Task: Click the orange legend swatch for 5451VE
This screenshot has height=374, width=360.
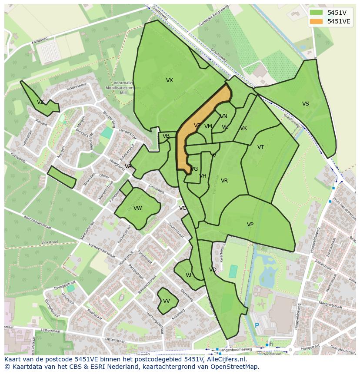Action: coord(317,21)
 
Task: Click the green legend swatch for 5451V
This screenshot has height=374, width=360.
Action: coord(317,13)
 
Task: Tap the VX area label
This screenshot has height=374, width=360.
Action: coord(170,80)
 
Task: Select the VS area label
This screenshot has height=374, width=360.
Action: coord(306,104)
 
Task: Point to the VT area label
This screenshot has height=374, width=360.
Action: coord(260,147)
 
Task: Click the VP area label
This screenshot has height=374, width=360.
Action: coord(250,225)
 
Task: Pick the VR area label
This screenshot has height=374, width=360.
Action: coord(224,181)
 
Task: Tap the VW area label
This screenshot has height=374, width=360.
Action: coord(138,208)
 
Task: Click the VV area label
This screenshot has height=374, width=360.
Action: coord(167,301)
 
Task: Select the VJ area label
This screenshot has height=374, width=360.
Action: coord(188,275)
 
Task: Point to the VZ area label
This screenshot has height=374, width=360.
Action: coord(40,102)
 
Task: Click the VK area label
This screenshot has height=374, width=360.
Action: coord(243,128)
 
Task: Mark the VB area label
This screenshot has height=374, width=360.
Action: coord(166,136)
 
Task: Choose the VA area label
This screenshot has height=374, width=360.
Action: coord(128,166)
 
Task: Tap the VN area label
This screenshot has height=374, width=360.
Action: coord(223,116)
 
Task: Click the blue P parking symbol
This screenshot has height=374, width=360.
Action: coord(257,325)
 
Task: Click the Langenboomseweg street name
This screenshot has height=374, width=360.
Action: coord(237,349)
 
